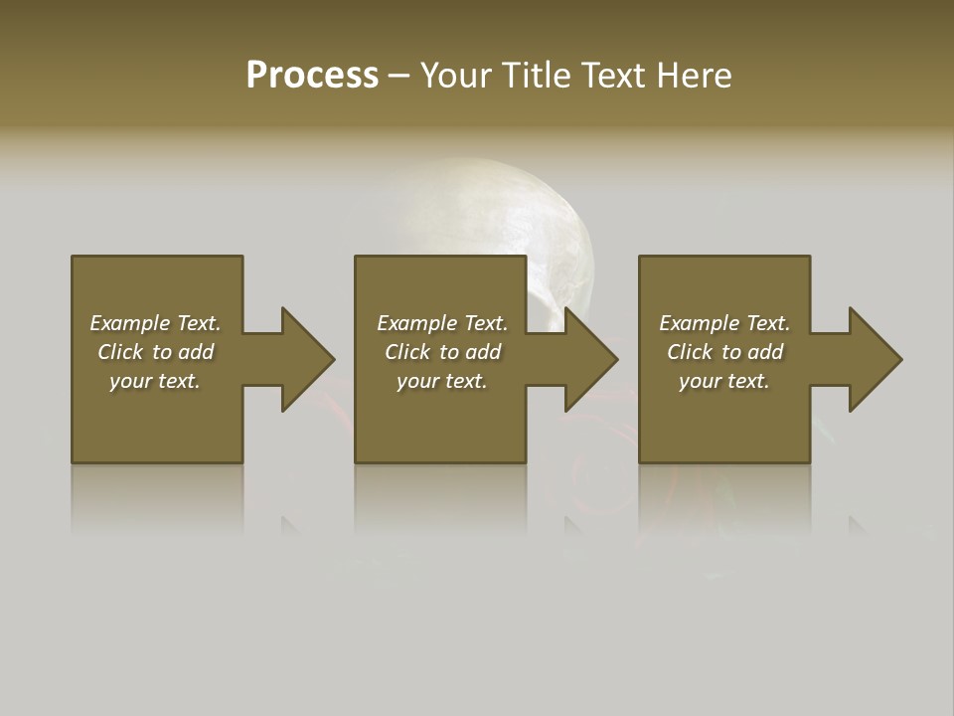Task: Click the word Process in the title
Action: (312, 76)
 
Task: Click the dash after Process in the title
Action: (398, 77)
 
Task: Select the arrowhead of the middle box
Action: (589, 359)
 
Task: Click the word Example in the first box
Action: (129, 323)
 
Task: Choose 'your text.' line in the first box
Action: (155, 381)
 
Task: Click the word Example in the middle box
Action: (416, 323)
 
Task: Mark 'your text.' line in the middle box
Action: (442, 381)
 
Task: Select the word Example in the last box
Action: (699, 323)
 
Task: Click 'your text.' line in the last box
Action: (724, 381)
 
